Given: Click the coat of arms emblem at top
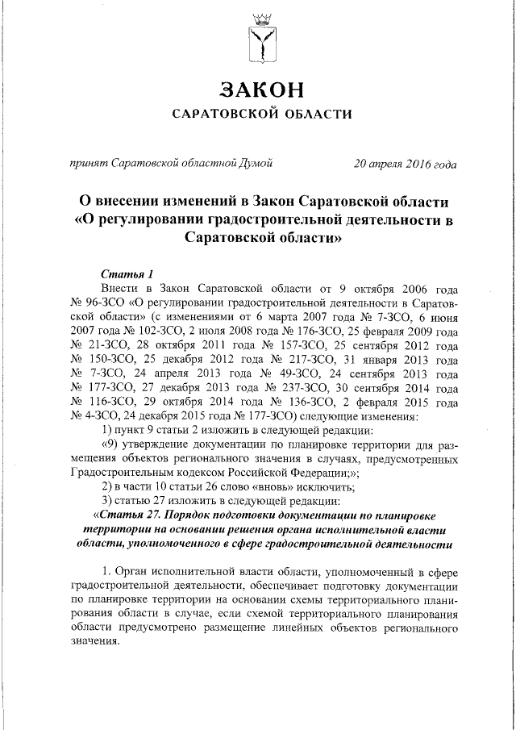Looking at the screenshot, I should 258,39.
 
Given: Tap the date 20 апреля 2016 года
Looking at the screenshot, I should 405,164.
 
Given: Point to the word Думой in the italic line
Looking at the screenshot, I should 254,164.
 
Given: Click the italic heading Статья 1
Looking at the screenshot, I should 121,273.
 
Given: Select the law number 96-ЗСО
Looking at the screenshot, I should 102,302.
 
